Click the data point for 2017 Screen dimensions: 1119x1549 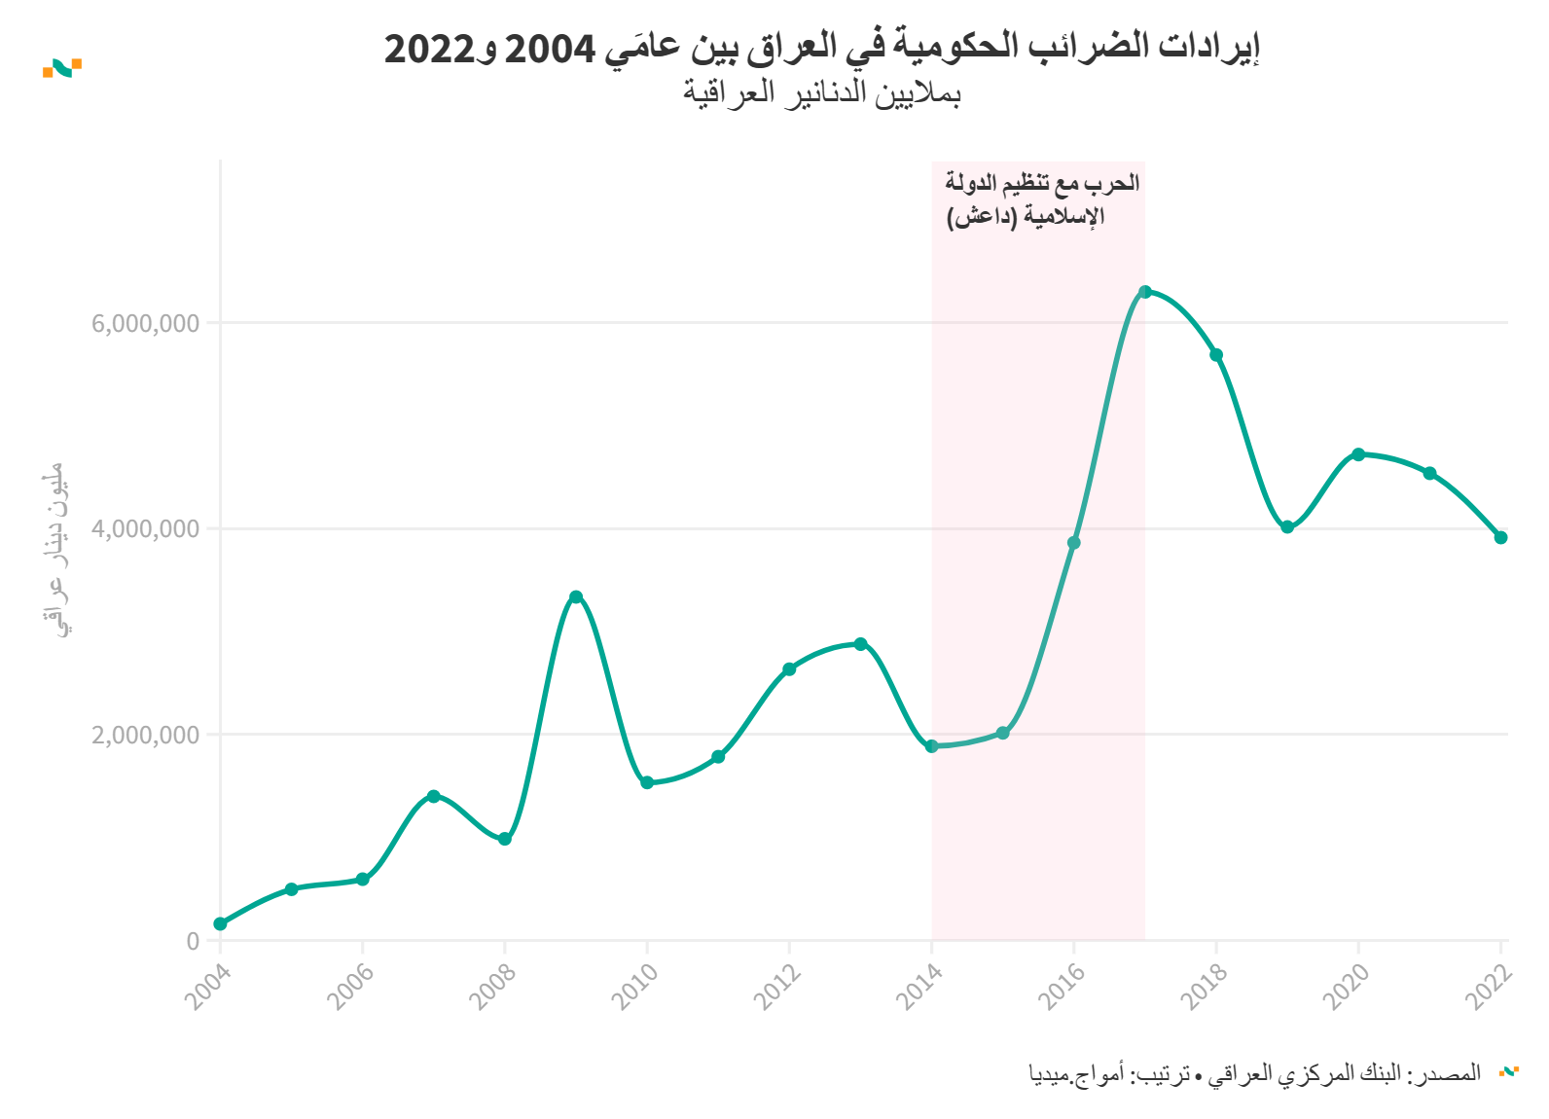tap(1144, 292)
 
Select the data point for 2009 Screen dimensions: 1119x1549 tap(576, 596)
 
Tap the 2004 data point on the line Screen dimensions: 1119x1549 tap(221, 923)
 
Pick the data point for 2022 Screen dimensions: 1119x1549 tap(1500, 537)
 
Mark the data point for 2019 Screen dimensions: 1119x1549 tap(1287, 527)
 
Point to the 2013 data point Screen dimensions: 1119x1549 tap(860, 644)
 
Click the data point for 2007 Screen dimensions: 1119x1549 tap(434, 796)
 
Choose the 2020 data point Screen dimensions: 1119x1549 tap(1358, 454)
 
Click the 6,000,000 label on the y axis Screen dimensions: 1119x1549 tap(146, 323)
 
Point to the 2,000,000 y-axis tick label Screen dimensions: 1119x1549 tap(146, 735)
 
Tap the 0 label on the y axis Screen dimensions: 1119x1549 tap(193, 941)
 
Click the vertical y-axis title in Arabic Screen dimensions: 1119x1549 tap(57, 550)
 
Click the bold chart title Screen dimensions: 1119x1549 tap(822, 48)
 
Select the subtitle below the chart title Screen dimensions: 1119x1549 tap(822, 93)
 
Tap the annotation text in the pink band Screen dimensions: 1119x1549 tap(1041, 199)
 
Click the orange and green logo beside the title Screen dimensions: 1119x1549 tap(62, 68)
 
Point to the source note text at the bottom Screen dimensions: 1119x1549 tap(1255, 1073)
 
